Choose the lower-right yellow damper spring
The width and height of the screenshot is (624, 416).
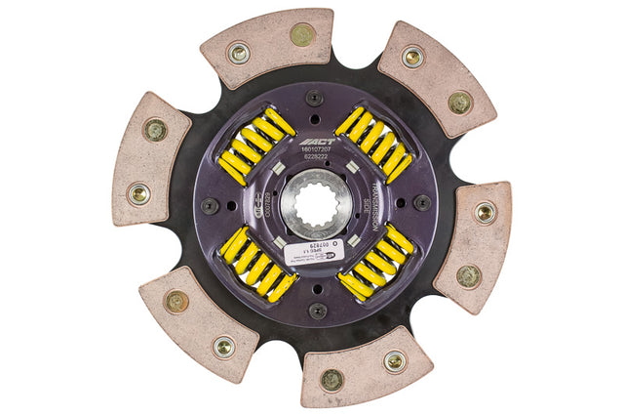point(375,265)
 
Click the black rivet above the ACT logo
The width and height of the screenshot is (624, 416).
point(313,98)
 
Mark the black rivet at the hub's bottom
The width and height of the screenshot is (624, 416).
point(317,311)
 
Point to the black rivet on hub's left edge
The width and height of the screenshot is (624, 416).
point(209,206)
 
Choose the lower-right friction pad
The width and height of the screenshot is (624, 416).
point(475,244)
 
